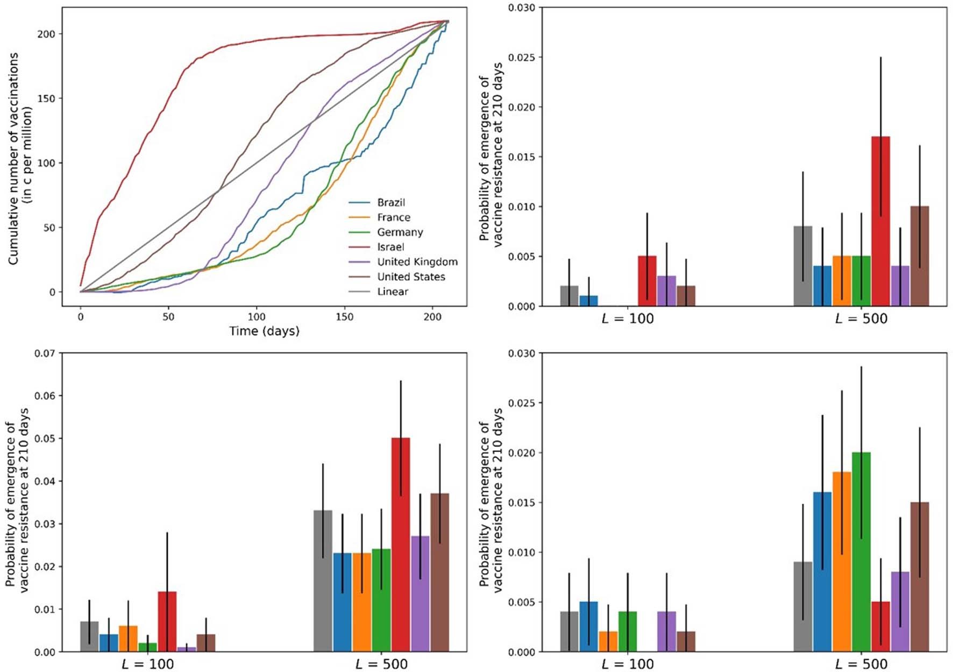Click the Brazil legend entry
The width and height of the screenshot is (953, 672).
390,203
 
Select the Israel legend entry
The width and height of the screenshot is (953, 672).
390,247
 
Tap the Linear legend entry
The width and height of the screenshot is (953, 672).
392,292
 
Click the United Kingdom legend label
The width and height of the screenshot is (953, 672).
417,262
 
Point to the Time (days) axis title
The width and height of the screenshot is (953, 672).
264,331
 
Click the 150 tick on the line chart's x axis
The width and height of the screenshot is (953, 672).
345,317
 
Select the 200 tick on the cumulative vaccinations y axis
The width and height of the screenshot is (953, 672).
46,34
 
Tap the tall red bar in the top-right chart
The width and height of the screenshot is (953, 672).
880,221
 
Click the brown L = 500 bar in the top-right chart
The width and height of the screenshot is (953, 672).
920,256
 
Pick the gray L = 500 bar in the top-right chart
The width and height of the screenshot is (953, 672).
803,266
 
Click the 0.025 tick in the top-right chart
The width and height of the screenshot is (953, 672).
522,58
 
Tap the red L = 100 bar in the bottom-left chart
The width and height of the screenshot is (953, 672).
167,621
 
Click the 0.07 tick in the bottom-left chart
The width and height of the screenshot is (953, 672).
45,353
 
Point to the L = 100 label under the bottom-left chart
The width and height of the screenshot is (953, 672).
148,664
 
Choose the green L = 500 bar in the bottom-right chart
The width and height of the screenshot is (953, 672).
861,551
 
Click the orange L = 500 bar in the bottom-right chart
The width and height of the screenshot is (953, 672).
842,562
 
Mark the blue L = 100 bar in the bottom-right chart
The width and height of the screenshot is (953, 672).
588,627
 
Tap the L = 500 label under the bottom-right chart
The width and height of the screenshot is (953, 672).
861,664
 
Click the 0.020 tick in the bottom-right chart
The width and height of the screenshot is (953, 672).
522,453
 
